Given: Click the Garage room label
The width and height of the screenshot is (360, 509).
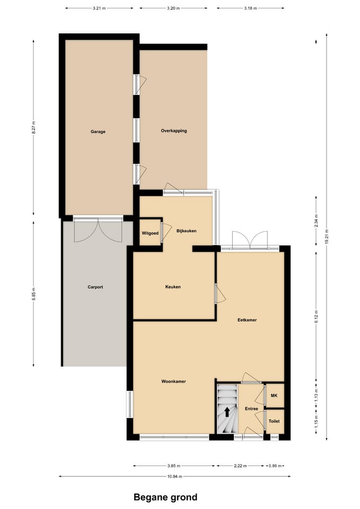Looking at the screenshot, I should point(98,131).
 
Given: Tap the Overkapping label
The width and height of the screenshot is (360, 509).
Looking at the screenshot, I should point(174,130).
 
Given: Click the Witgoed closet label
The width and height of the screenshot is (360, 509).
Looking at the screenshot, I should point(150,233).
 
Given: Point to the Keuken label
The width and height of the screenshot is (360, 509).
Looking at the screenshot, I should point(173,287).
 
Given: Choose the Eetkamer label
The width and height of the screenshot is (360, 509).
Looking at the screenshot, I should point(247,320).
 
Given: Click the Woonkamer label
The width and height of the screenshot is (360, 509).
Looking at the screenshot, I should point(174,381).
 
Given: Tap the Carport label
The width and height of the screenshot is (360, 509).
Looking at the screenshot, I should point(95,287).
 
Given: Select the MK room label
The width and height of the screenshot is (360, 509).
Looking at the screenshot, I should point(274,396).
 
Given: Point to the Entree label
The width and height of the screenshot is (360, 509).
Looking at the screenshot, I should point(251,409).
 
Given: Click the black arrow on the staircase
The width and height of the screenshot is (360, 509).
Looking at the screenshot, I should point(227,412).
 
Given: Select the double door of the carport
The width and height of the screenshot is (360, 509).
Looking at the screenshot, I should point(98,230).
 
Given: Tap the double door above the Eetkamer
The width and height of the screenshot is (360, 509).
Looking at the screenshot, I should point(250,240).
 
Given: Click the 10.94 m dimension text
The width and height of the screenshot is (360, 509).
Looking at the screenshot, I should point(174,477).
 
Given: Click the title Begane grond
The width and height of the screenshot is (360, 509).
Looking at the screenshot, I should point(165,497).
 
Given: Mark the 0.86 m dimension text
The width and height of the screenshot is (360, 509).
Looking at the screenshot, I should point(275,466).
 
